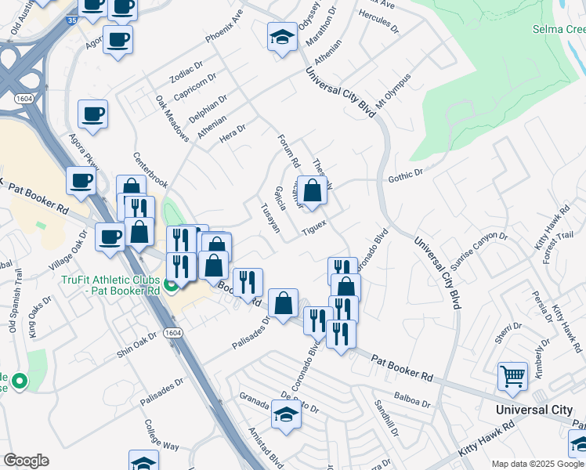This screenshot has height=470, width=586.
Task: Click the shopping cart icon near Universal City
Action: coord(512,375)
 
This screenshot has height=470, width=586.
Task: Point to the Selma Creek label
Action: coord(559,29)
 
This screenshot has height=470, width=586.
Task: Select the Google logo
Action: coord(26,461)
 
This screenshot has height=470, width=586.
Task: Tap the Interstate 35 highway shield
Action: coord(71,20)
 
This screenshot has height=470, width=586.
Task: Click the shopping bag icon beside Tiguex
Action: coord(312,190)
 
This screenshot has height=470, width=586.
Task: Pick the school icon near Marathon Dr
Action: coord(282,37)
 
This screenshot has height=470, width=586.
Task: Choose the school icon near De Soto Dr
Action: coord(286,414)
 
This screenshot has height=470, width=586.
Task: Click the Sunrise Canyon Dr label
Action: coord(474,248)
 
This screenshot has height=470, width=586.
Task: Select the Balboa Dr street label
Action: coord(414,400)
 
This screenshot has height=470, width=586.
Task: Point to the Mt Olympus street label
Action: coord(393,92)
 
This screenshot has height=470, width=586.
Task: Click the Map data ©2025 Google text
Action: coord(538,464)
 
